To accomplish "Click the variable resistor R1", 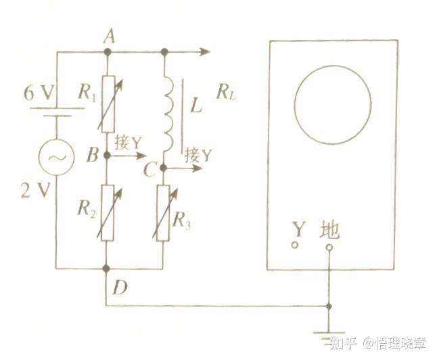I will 107,103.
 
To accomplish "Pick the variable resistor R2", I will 107,212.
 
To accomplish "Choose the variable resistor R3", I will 163,212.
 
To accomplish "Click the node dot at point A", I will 107,51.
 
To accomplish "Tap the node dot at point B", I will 107,155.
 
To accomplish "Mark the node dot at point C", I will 163,167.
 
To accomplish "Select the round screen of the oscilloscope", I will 332,104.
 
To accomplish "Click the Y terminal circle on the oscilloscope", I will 295,245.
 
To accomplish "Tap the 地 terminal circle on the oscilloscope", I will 329,248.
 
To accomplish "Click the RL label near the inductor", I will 226,91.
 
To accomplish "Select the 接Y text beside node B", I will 129,143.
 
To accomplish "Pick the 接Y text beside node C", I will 198,154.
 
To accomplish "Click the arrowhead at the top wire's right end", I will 206,51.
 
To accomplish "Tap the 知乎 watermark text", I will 342,343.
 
